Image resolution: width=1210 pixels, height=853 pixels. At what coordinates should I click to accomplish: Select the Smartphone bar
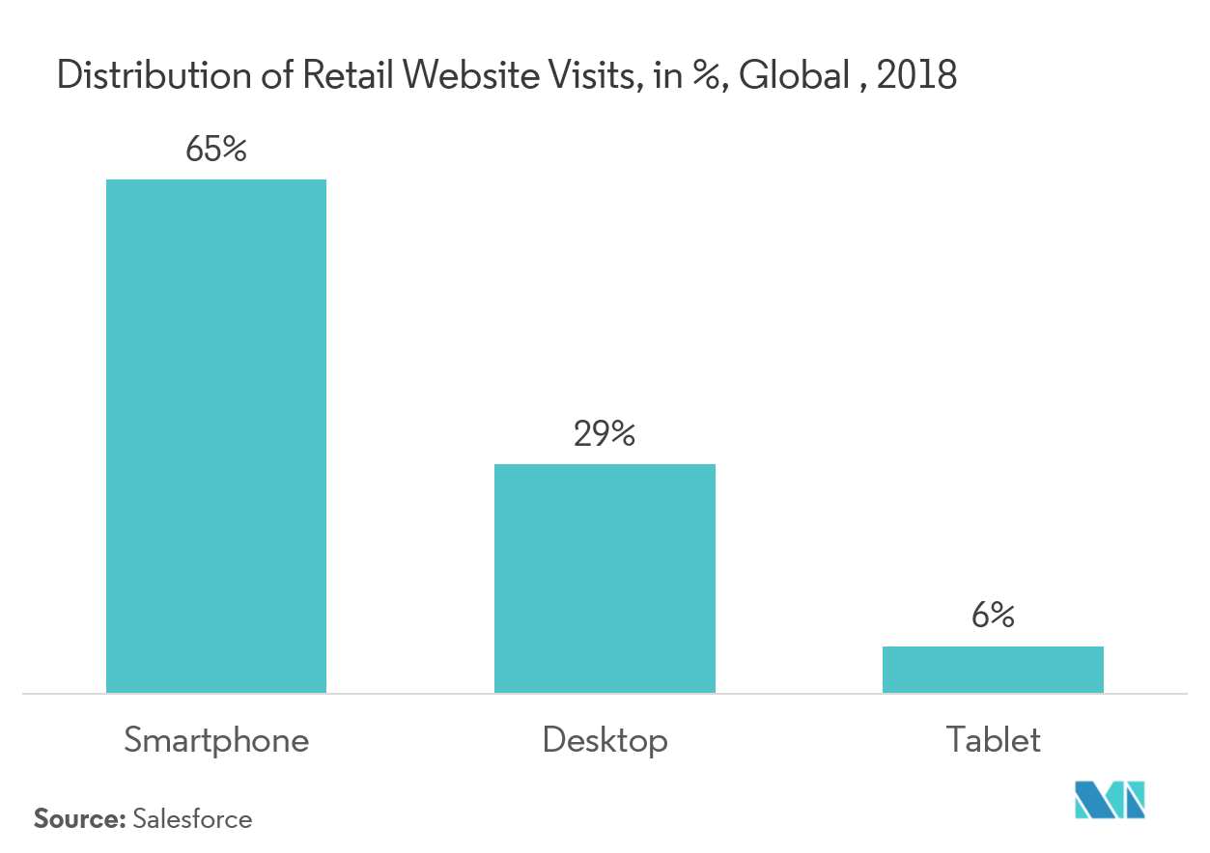[216, 436]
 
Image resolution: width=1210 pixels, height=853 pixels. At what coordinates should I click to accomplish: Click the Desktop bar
[605, 578]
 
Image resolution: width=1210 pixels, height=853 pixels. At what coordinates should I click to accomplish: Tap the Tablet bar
[993, 669]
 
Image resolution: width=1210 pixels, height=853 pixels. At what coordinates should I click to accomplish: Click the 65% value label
[216, 151]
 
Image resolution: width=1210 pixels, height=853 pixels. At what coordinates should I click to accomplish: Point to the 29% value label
[605, 435]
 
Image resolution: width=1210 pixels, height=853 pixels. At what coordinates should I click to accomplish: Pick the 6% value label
[993, 617]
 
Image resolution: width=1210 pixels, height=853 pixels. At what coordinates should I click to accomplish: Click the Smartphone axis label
[216, 740]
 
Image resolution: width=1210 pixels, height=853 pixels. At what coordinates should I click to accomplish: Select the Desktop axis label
[605, 740]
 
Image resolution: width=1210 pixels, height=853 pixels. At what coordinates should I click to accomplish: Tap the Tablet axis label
[994, 740]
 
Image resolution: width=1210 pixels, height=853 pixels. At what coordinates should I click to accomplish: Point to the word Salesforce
[192, 819]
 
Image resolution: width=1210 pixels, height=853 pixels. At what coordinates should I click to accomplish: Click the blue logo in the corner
[1111, 799]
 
